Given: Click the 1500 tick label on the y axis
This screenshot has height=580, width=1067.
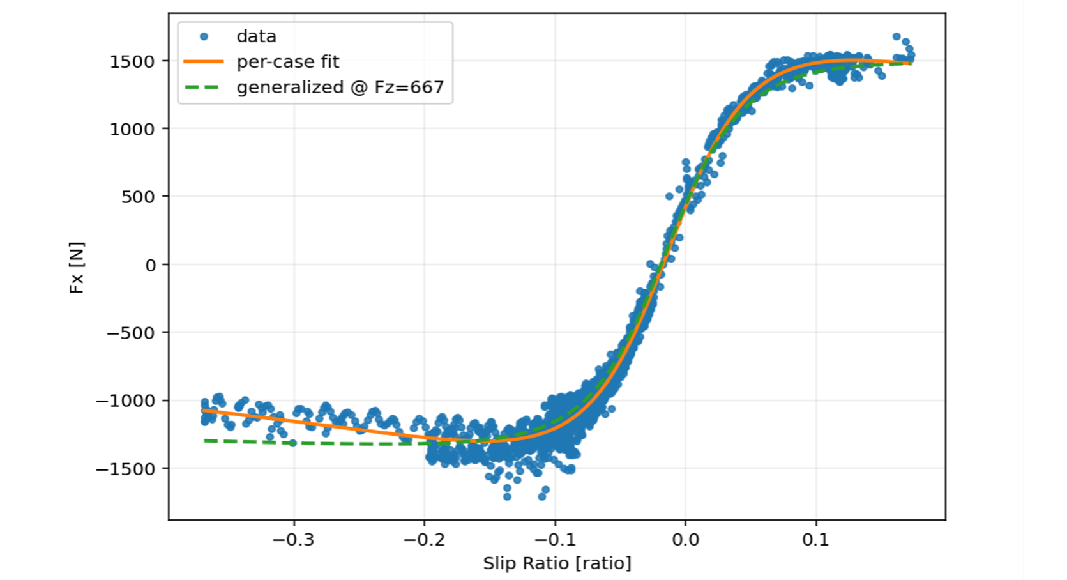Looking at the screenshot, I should click(132, 62).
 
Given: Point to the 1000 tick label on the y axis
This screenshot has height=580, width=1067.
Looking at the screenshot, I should click(132, 130).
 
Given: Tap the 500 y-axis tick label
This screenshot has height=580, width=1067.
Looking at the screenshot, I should click(138, 197).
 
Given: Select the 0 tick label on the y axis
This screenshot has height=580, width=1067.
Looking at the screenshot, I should click(151, 265).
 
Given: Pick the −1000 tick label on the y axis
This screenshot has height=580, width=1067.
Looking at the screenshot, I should click(125, 401).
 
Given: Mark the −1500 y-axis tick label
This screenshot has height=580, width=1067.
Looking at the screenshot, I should click(125, 469).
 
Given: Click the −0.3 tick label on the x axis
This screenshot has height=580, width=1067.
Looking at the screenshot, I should click(293, 540).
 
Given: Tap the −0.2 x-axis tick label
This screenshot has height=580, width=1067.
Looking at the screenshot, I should click(424, 540).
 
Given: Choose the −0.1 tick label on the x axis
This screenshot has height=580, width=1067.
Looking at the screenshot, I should click(554, 540).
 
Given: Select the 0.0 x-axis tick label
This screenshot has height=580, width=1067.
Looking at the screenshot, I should click(685, 540).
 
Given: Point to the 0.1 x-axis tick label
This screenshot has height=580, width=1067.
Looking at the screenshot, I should click(815, 540).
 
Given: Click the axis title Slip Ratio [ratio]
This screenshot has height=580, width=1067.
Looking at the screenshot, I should click(557, 563).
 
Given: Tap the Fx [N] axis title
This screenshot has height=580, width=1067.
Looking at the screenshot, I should click(77, 267).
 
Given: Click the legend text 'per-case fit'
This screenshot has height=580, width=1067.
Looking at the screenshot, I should click(288, 62).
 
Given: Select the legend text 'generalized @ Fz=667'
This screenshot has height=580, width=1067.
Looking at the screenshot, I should click(340, 88).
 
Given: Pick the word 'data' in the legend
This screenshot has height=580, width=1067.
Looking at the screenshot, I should click(256, 36).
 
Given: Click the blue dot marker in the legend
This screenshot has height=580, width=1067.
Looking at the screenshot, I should click(204, 36).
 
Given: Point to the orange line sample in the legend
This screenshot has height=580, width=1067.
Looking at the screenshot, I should click(204, 62).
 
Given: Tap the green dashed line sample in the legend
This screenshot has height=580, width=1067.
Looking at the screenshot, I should click(204, 88).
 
